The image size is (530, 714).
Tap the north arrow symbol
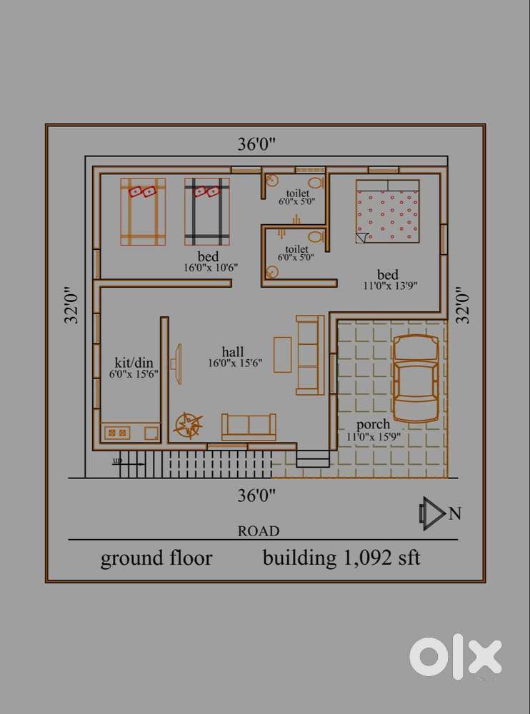[x=431, y=513]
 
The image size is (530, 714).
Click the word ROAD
[x=259, y=531]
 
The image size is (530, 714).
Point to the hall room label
[x=232, y=351]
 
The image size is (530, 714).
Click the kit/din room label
[x=134, y=363]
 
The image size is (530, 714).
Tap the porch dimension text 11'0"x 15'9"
[x=374, y=436]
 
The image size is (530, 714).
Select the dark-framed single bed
[x=207, y=212]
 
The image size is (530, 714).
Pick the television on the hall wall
[x=177, y=363]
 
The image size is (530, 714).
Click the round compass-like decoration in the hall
[x=189, y=426]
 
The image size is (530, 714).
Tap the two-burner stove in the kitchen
[x=117, y=432]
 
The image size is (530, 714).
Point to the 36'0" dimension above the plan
[x=256, y=144]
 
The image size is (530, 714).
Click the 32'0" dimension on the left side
[x=71, y=305]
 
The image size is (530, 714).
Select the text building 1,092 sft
[x=341, y=558]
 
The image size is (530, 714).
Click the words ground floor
[x=156, y=558]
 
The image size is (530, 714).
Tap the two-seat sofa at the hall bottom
[x=249, y=427]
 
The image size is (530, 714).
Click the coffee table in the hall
[x=283, y=354]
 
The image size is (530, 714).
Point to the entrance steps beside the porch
[x=313, y=458]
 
